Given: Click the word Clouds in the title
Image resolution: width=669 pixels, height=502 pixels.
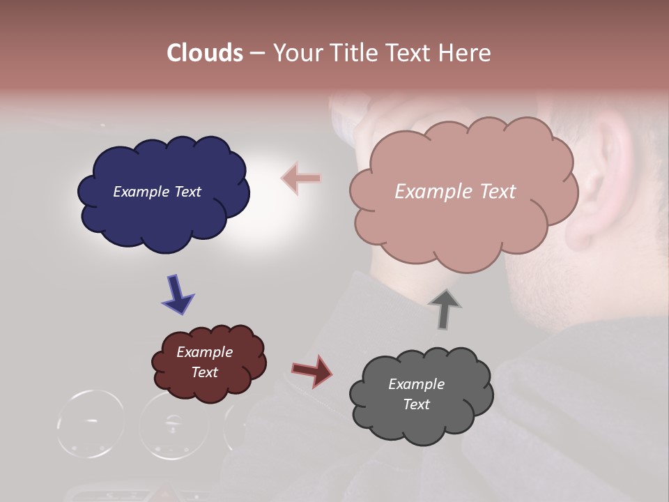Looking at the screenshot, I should (x=205, y=53).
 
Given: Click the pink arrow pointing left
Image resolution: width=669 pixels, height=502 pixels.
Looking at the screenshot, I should (x=301, y=178).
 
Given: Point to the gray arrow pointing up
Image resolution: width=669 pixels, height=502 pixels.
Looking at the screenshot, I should (x=444, y=308).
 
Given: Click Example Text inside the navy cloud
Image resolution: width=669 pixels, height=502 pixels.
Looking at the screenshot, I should (x=157, y=192).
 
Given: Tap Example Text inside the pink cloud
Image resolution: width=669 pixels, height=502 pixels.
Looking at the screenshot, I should (x=455, y=192).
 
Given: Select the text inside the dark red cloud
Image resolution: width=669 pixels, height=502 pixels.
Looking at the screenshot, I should (x=205, y=362).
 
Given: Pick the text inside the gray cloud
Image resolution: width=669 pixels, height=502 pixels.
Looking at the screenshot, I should (x=416, y=394).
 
